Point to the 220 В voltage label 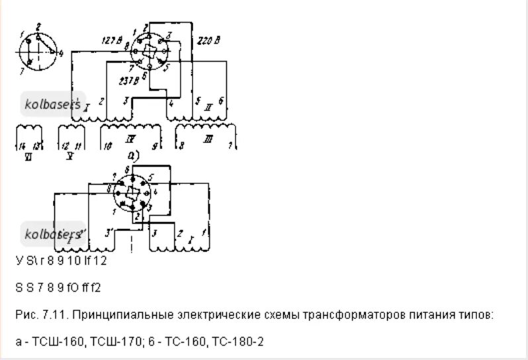click(209, 41)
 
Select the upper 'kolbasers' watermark click(52, 104)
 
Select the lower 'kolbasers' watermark click(52, 233)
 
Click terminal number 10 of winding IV click(107, 145)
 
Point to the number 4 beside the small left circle click(61, 52)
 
